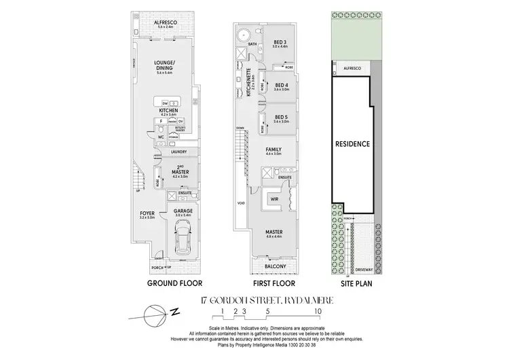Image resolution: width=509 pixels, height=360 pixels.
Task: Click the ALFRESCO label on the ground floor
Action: pyautogui.click(x=166, y=22)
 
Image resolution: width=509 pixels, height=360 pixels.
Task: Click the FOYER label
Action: pyautogui.click(x=147, y=215)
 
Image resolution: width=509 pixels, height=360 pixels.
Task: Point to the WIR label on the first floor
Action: pyautogui.click(x=274, y=200)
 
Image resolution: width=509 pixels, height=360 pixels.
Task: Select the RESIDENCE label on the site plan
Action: pyautogui.click(x=352, y=144)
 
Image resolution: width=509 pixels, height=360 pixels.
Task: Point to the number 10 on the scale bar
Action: pyautogui.click(x=318, y=312)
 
